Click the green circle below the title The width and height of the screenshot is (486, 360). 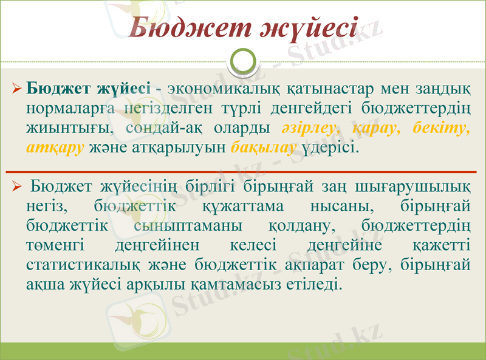(244, 63)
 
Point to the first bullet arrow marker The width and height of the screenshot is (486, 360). (17, 90)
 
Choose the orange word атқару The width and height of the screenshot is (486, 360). (55, 148)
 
